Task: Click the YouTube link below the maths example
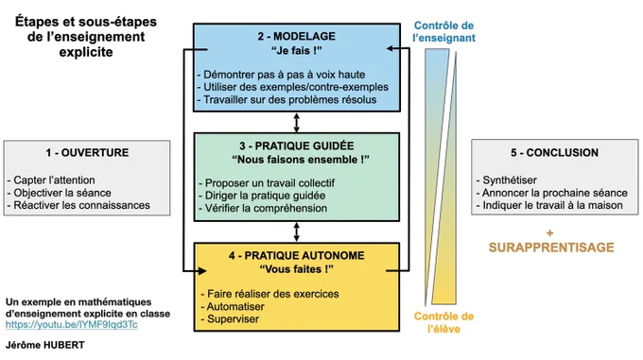71,325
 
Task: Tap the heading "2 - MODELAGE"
297,37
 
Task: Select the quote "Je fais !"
297,51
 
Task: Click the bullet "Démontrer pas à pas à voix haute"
282,75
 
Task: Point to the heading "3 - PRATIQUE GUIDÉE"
297,146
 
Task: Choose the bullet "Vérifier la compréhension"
263,208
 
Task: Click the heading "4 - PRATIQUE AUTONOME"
297,255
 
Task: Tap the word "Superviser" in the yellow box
233,319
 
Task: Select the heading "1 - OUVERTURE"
87,153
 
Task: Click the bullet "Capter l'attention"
51,180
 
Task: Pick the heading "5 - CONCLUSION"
554,153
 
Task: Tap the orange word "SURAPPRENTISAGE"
551,248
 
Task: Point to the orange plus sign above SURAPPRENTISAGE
550,233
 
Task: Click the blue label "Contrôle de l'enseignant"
443,31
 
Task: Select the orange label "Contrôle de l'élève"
443,322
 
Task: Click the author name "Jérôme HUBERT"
45,345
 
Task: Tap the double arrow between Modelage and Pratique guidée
297,123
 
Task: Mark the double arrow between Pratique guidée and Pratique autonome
297,231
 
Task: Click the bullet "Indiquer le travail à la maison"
549,205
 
